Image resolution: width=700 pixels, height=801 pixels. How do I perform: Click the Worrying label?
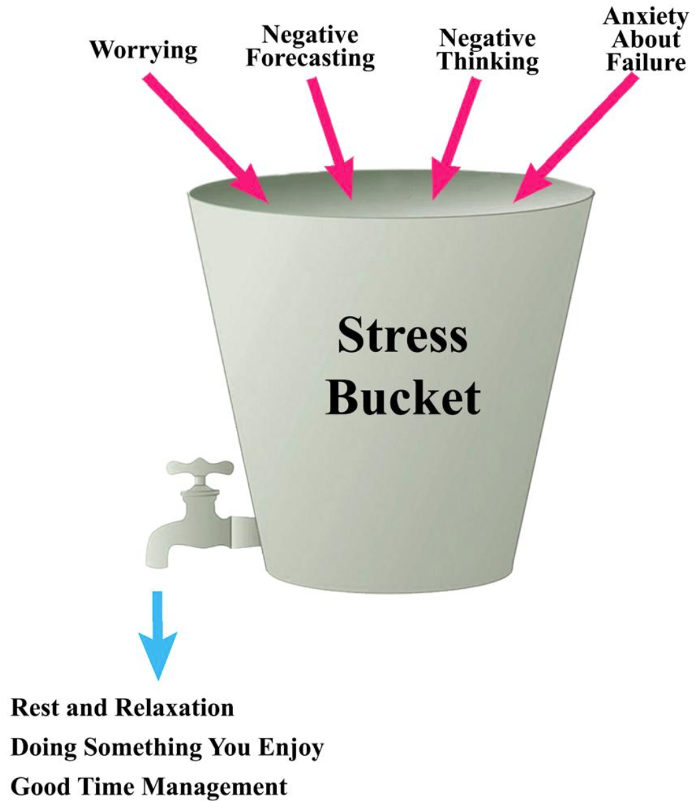[x=144, y=51]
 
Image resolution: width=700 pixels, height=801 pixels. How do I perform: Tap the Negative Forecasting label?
[x=309, y=47]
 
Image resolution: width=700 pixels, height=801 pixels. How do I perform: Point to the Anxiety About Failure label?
[x=645, y=40]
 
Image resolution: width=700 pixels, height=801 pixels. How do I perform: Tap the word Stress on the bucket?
[x=402, y=336]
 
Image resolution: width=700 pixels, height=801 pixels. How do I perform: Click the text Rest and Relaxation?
[x=122, y=707]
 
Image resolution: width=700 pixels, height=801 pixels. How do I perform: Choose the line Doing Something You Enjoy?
[x=166, y=748]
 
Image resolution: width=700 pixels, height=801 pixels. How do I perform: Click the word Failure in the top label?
[x=645, y=63]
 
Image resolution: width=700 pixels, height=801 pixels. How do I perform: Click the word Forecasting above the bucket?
[x=309, y=58]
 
